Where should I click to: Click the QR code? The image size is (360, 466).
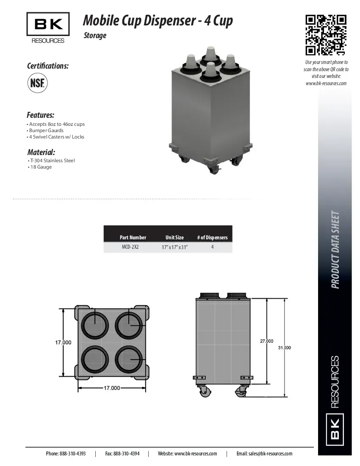pyautogui.click(x=326, y=35)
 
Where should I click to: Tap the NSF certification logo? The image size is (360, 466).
pyautogui.click(x=38, y=82)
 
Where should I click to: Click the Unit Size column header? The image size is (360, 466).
pyautogui.click(x=174, y=237)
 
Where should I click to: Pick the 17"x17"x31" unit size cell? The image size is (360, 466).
pyautogui.click(x=174, y=247)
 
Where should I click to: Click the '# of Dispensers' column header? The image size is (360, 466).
pyautogui.click(x=212, y=237)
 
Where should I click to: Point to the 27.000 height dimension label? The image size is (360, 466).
pyautogui.click(x=266, y=341)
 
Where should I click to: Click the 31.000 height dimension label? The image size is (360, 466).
pyautogui.click(x=284, y=347)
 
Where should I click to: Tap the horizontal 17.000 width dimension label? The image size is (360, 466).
pyautogui.click(x=112, y=388)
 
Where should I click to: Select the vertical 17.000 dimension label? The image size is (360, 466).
pyautogui.click(x=63, y=342)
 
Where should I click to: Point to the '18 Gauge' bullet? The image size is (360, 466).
pyautogui.click(x=41, y=167)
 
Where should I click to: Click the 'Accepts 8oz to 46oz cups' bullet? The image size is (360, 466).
pyautogui.click(x=57, y=124)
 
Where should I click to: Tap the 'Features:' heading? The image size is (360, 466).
pyautogui.click(x=41, y=115)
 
